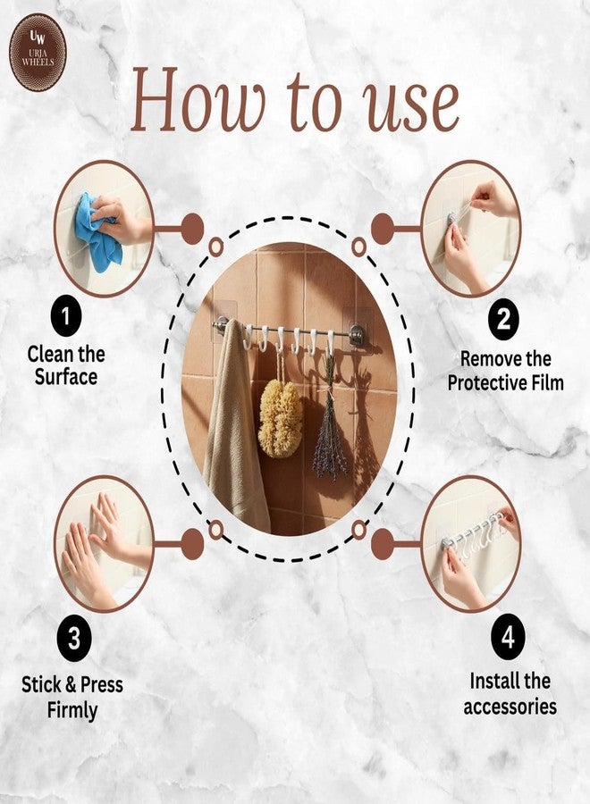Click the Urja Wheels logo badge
click(38, 53)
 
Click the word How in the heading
click(198, 99)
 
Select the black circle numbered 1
click(66, 316)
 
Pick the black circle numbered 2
click(504, 320)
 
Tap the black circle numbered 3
click(74, 639)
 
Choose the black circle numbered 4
click(508, 637)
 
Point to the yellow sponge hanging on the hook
click(280, 418)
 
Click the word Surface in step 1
click(66, 377)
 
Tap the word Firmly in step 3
click(72, 711)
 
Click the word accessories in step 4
click(510, 707)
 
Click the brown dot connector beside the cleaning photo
click(192, 228)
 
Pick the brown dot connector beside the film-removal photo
click(383, 228)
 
